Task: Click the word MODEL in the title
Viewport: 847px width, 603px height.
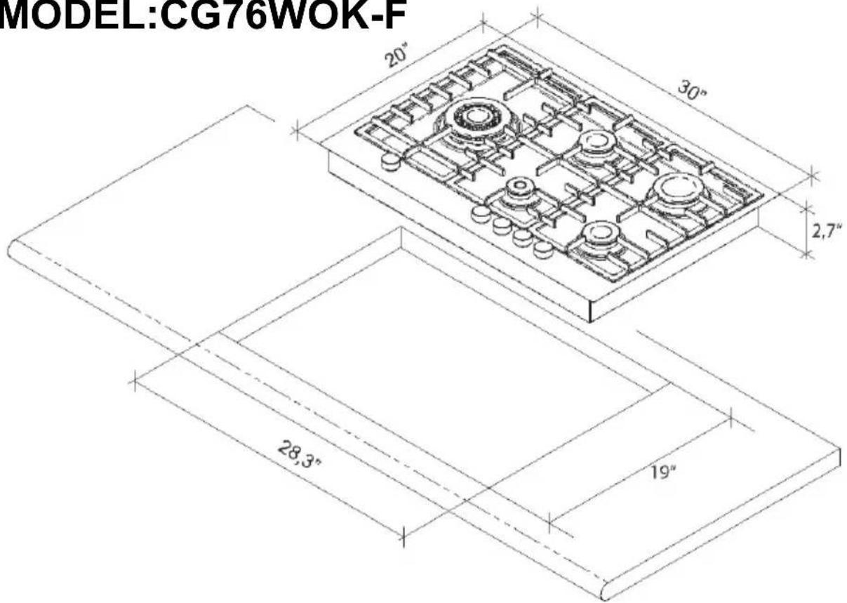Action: pos(72,15)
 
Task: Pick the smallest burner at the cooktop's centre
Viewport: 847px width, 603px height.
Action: pos(519,187)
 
